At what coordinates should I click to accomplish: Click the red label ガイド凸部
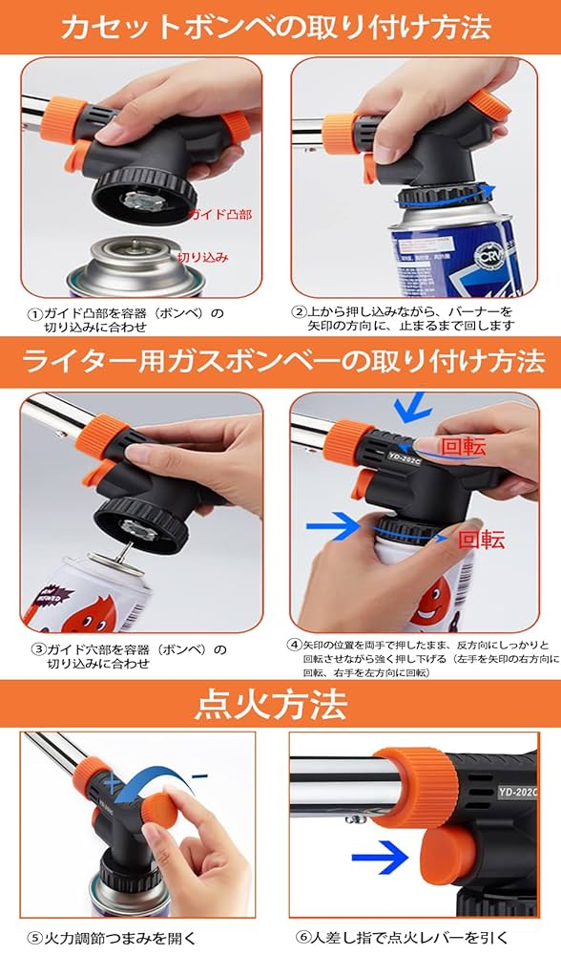(220, 216)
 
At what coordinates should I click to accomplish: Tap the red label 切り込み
(202, 258)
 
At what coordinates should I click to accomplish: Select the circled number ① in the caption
(35, 313)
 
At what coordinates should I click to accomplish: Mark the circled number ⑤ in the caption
(34, 937)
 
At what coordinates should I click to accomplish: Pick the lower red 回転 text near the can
(481, 540)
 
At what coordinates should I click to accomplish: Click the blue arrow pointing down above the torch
(412, 407)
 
